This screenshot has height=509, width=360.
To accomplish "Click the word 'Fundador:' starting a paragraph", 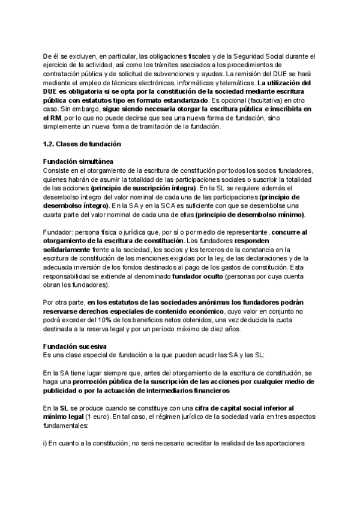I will pyautogui.click(x=61, y=232).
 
